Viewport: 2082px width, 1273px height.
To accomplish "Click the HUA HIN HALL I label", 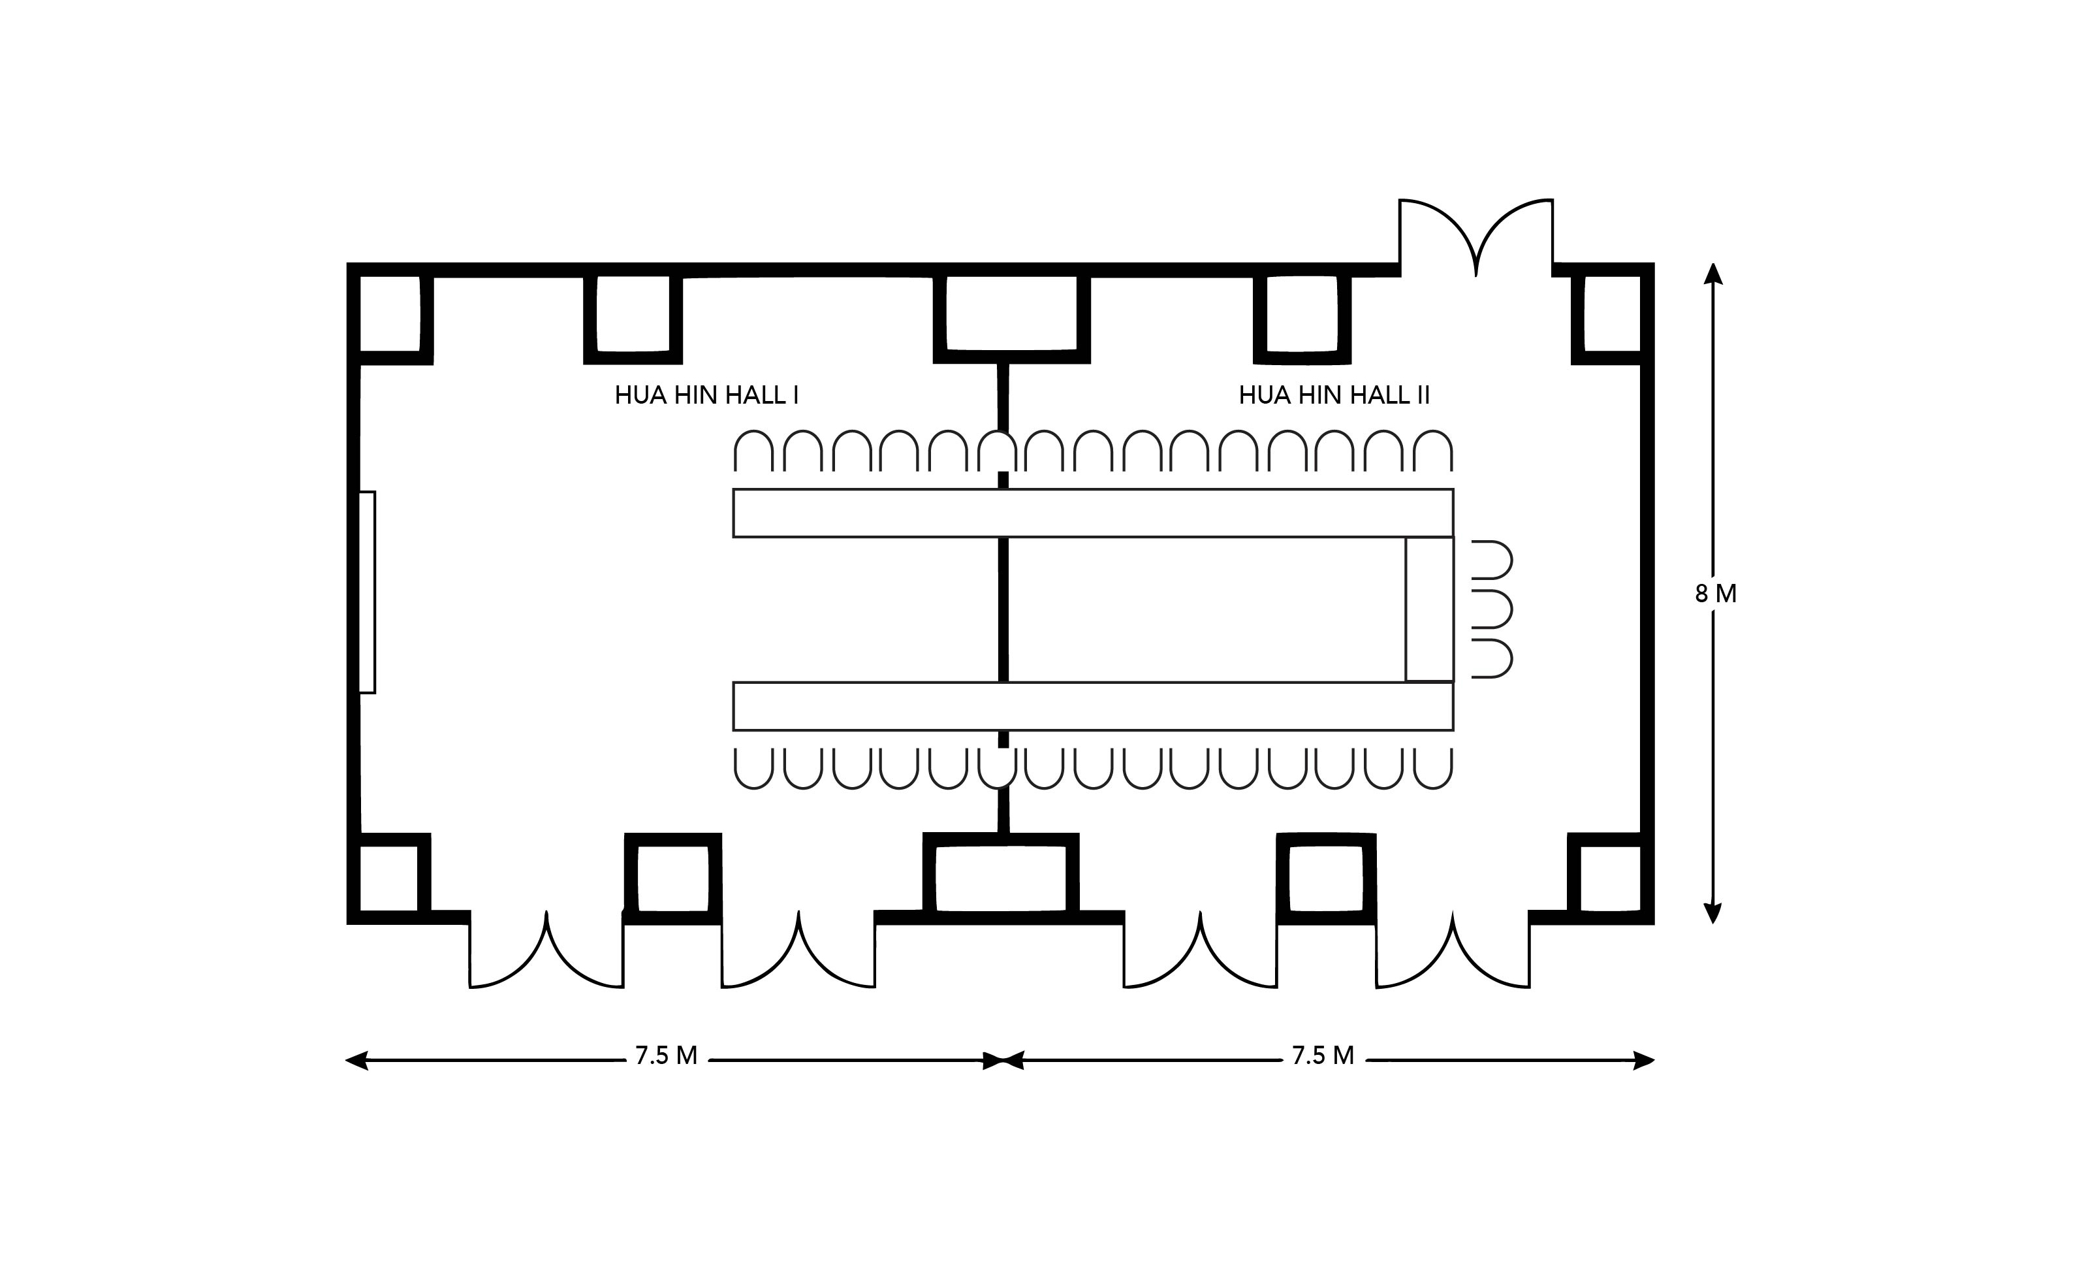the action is (706, 396).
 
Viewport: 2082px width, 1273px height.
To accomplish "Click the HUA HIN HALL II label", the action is (1334, 396).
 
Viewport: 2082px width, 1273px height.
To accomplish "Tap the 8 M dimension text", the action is (1715, 594).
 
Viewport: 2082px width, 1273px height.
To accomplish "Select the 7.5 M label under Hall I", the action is (666, 1055).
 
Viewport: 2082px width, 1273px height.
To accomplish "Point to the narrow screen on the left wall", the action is (367, 592).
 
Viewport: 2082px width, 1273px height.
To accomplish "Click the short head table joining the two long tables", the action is (1430, 609).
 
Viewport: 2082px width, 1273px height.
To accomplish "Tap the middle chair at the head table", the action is (1491, 609).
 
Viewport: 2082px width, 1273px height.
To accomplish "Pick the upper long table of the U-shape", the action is (1092, 513).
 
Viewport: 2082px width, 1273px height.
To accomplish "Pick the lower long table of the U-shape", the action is (1092, 706).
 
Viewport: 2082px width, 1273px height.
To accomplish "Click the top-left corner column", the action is (390, 314).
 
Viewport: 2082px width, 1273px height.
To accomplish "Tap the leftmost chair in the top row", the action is (753, 451).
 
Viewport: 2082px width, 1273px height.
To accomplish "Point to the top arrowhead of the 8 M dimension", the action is (1712, 272).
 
